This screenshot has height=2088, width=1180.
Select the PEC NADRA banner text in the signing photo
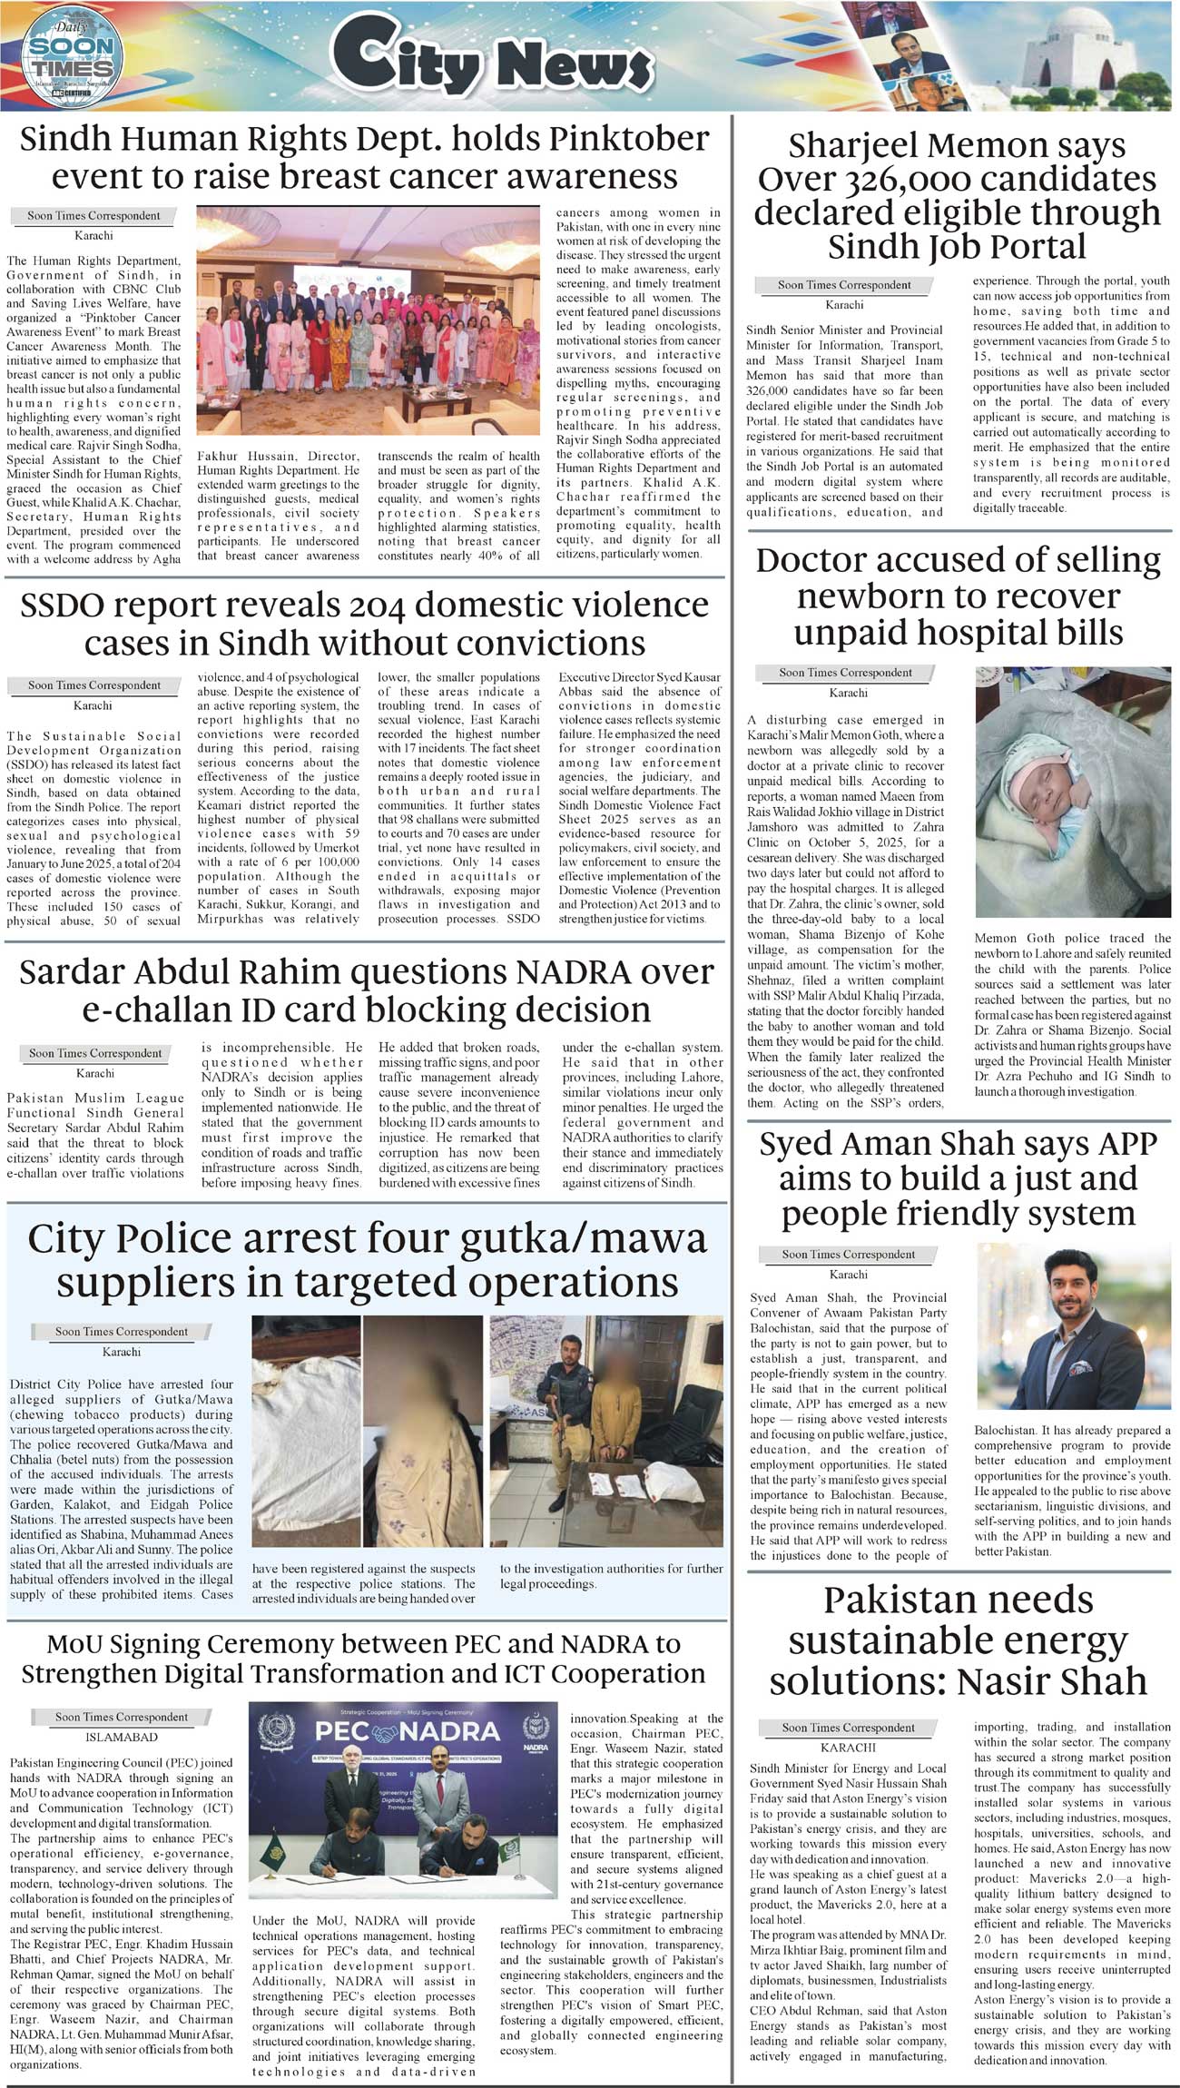pyautogui.click(x=408, y=1731)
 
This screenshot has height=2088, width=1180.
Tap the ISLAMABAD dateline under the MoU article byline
pyautogui.click(x=122, y=1738)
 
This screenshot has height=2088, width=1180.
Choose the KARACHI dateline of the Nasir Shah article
pyautogui.click(x=849, y=1748)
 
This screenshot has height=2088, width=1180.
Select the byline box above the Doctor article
pyautogui.click(x=845, y=673)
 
